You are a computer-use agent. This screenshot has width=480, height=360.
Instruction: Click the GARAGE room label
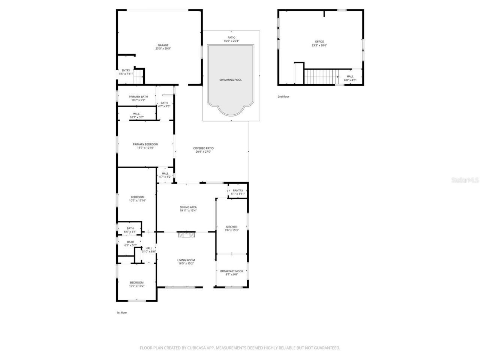pos(163,45)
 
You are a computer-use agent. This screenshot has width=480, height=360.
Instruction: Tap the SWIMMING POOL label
pos(231,80)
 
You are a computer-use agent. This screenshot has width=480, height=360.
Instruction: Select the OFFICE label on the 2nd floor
pos(319,42)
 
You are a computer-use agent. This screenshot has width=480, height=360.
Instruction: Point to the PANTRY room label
pos(238,190)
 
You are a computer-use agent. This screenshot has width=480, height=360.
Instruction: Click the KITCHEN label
pos(231,227)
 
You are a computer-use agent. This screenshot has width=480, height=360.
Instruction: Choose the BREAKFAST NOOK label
pos(231,271)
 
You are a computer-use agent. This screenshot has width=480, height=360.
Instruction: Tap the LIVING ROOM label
pos(186,260)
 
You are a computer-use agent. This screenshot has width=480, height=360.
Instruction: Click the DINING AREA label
pos(188,207)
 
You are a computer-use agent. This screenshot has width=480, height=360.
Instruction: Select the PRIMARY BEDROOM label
pos(145,144)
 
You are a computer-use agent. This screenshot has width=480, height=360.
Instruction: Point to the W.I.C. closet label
pos(136,114)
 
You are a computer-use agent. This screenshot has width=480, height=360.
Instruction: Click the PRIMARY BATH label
pos(138,97)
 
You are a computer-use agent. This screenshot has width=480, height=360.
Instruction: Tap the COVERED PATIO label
pos(203,148)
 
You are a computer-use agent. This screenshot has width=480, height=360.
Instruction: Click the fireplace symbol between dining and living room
pos(186,235)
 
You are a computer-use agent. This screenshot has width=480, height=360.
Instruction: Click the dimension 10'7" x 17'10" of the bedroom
pos(137,201)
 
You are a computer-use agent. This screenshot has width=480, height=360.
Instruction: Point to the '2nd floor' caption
pos(283,97)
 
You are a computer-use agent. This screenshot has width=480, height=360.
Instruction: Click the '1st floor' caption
pos(121,312)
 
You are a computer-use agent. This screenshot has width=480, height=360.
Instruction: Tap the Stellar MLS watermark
pos(465,180)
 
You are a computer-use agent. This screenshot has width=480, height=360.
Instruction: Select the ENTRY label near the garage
pos(126,70)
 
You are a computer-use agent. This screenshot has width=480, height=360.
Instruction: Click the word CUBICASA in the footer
pos(197,348)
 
